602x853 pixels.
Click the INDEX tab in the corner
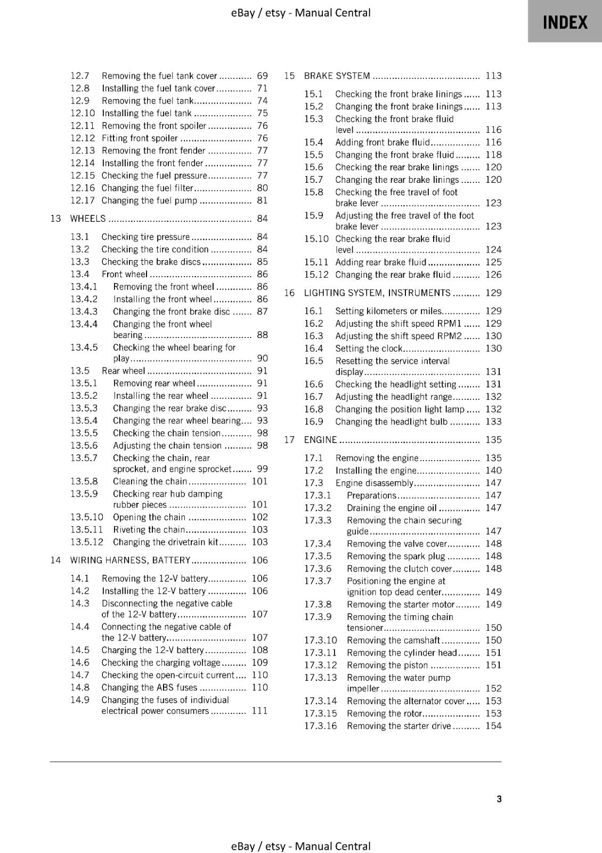[565, 22]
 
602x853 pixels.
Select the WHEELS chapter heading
[88, 219]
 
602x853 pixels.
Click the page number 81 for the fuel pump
[262, 200]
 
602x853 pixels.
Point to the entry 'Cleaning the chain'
[150, 481]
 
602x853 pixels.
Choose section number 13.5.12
[86, 542]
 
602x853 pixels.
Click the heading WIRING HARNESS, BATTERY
[130, 560]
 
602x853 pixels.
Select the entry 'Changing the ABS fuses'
[149, 688]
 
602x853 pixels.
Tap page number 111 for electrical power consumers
[259, 711]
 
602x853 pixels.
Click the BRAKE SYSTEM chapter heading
[337, 76]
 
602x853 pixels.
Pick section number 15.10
[316, 239]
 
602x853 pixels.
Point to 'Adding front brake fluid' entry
[382, 142]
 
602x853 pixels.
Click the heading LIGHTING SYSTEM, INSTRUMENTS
[377, 293]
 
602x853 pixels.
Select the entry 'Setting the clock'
[369, 349]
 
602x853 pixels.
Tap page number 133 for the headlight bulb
[493, 422]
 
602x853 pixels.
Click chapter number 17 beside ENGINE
[289, 440]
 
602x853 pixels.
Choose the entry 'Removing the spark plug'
[396, 556]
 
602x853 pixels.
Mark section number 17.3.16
[320, 726]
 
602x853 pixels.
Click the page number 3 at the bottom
[499, 799]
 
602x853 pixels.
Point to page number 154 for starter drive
[493, 726]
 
